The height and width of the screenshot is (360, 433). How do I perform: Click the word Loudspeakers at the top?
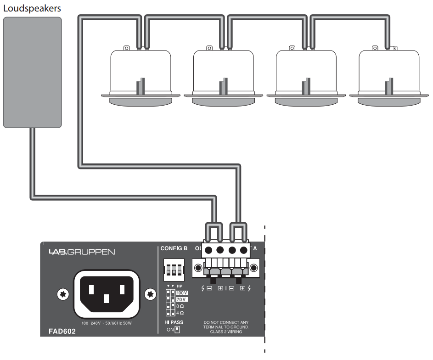[32, 8]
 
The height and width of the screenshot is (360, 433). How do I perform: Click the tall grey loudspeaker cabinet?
[32, 72]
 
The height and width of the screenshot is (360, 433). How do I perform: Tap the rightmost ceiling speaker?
[389, 76]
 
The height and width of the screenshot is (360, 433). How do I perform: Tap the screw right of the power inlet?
[150, 294]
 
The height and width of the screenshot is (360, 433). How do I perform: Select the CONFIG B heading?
[174, 249]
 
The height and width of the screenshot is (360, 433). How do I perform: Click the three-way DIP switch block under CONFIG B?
[174, 270]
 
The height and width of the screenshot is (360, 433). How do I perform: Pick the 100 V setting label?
[182, 292]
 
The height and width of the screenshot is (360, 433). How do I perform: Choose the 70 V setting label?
[182, 299]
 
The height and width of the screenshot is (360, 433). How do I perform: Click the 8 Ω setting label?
[180, 306]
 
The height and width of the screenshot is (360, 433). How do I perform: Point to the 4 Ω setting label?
[180, 313]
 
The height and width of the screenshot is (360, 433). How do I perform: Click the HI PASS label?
[174, 322]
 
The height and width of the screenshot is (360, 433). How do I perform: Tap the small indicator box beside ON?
[177, 330]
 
